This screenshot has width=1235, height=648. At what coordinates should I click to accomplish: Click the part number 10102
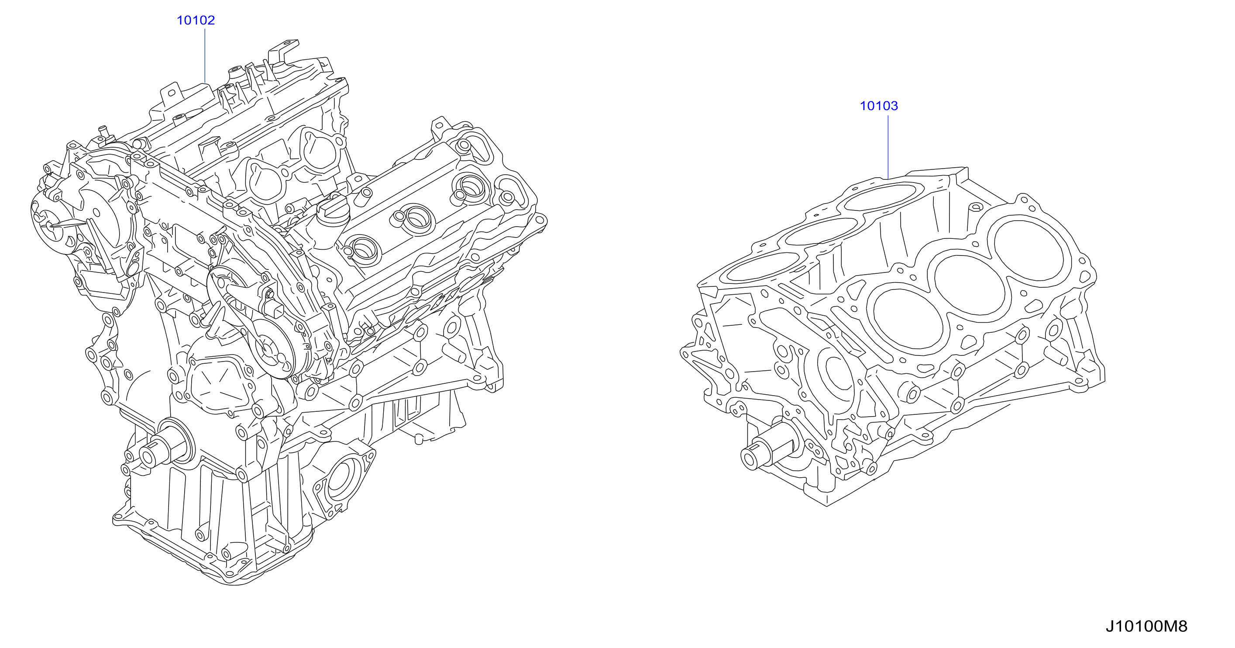pos(196,20)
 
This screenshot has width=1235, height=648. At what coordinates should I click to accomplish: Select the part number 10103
pos(878,106)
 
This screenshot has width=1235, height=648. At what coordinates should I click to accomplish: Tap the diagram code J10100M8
pos(1146,627)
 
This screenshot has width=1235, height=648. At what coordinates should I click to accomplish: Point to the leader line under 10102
pos(205,55)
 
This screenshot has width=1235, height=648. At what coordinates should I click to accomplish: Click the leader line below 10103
pos(888,147)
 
